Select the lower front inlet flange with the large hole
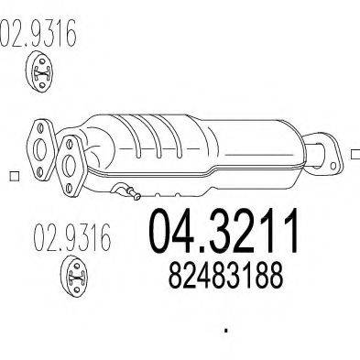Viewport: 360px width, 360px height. (x=71, y=156)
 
